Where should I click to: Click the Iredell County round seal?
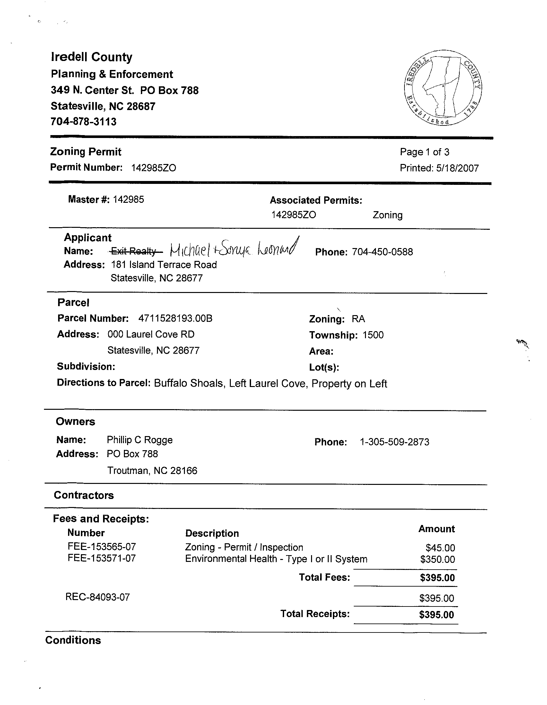(x=443, y=88)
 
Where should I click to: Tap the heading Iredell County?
(x=92, y=57)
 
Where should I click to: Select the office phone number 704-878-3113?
(x=84, y=122)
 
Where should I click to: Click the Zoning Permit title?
(x=86, y=152)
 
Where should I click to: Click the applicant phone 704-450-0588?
(x=382, y=252)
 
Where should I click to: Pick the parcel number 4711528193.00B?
(x=175, y=319)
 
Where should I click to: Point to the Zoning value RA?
(x=358, y=319)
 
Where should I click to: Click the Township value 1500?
(x=373, y=335)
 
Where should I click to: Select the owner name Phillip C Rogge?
(x=140, y=440)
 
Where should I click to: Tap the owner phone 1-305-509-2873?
(x=394, y=442)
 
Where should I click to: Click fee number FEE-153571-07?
(x=102, y=558)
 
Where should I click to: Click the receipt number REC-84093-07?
(x=98, y=597)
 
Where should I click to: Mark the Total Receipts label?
(x=315, y=614)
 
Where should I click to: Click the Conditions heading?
(x=73, y=641)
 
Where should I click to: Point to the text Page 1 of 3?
(x=424, y=152)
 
